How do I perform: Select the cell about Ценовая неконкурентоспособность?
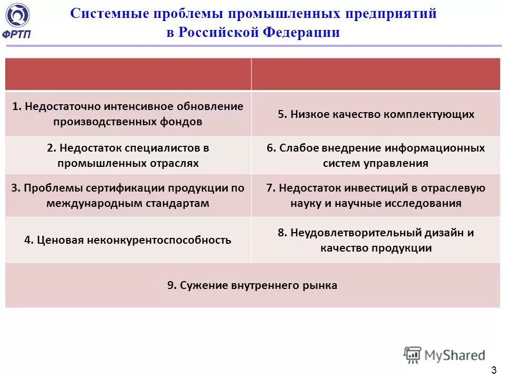pyautogui.click(x=128, y=241)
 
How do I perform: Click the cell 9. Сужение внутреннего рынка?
pyautogui.click(x=252, y=286)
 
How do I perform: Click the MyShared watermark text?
pyautogui.click(x=456, y=355)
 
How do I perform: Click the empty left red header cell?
pyautogui.click(x=128, y=74)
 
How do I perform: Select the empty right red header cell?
pyautogui.click(x=376, y=74)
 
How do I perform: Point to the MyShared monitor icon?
pyautogui.click(x=412, y=356)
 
